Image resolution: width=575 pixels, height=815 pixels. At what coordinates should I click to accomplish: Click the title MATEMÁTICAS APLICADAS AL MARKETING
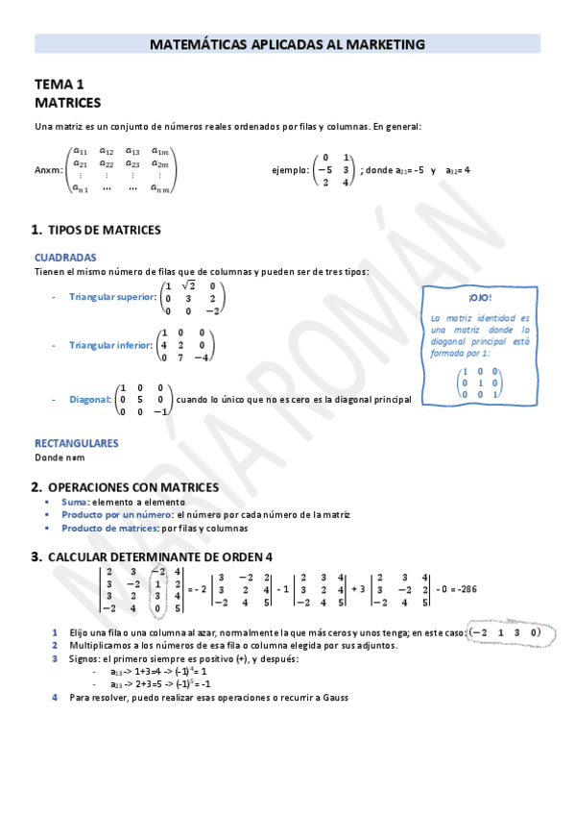(288, 44)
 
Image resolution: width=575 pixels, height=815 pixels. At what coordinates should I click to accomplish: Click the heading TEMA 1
(60, 85)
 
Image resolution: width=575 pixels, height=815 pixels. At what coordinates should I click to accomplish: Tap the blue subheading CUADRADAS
(65, 258)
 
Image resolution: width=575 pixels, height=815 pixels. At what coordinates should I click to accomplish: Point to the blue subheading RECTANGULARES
(76, 443)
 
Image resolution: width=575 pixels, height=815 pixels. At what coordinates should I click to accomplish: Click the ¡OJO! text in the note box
(479, 299)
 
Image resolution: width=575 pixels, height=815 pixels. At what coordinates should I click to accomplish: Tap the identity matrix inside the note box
(480, 382)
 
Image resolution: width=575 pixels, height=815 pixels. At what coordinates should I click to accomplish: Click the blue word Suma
(74, 502)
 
